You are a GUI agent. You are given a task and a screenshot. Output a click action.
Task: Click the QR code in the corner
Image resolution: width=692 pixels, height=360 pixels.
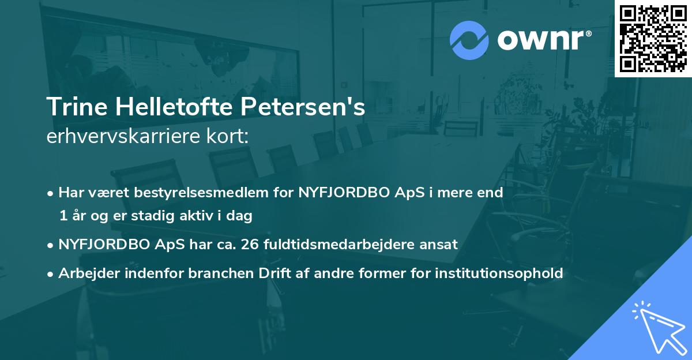(x=653, y=39)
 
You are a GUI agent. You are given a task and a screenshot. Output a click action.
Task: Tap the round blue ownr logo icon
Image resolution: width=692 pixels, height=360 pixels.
(x=469, y=40)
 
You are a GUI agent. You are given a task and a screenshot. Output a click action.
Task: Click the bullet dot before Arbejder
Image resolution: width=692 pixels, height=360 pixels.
(x=51, y=273)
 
